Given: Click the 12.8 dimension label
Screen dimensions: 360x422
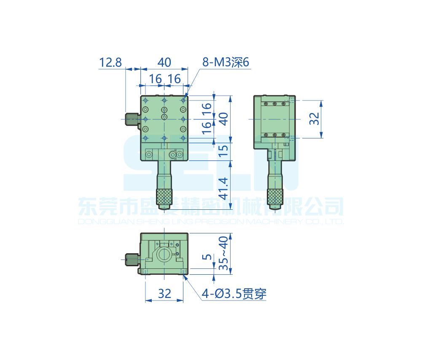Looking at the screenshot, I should coord(110,63).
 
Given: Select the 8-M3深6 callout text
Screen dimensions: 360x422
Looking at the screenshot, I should coord(226,63).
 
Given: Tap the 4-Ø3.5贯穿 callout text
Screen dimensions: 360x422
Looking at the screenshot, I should coord(234,293).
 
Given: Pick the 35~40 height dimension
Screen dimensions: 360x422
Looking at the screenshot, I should coord(223,253).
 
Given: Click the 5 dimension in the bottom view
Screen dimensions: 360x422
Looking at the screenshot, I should coord(206,257).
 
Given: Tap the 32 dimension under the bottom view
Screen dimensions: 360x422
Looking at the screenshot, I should coord(164,293).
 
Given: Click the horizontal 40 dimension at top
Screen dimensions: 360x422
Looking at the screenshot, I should coord(164,62).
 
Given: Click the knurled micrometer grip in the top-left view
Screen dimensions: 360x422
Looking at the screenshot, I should coord(164,197).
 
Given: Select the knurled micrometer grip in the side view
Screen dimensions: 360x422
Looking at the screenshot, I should coord(275,197).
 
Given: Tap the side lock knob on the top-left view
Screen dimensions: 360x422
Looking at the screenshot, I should coord(132,119).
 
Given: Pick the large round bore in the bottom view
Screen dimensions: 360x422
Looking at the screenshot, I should coord(164,254).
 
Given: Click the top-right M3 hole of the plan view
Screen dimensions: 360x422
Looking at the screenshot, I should coord(183,100).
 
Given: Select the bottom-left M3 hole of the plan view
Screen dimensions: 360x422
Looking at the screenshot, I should coord(145,138).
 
